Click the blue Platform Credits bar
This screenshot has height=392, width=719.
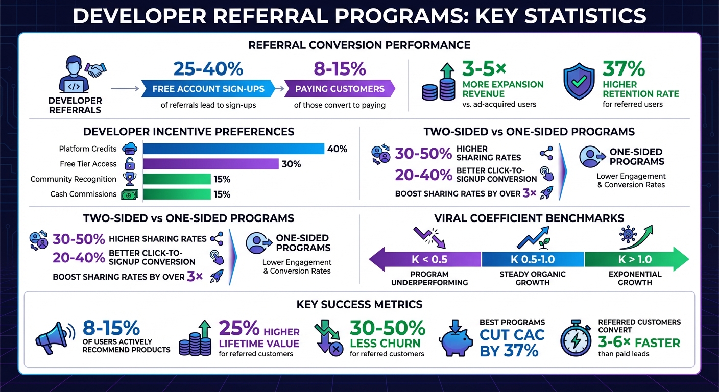coord(233,149)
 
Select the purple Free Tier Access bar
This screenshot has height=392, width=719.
coord(210,164)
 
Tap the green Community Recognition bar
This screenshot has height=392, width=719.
coord(177,179)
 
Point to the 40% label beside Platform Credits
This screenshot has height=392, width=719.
coord(337,149)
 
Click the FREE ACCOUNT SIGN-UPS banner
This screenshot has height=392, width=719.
coord(208,89)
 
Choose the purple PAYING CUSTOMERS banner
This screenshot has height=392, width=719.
coord(340,89)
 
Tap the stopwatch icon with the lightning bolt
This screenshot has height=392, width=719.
coord(576,337)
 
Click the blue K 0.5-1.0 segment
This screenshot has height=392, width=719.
coord(533,259)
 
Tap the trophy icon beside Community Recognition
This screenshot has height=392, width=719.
coord(127,179)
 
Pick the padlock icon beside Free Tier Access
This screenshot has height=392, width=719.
coord(130,164)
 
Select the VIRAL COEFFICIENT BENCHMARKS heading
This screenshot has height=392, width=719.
coord(529,218)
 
